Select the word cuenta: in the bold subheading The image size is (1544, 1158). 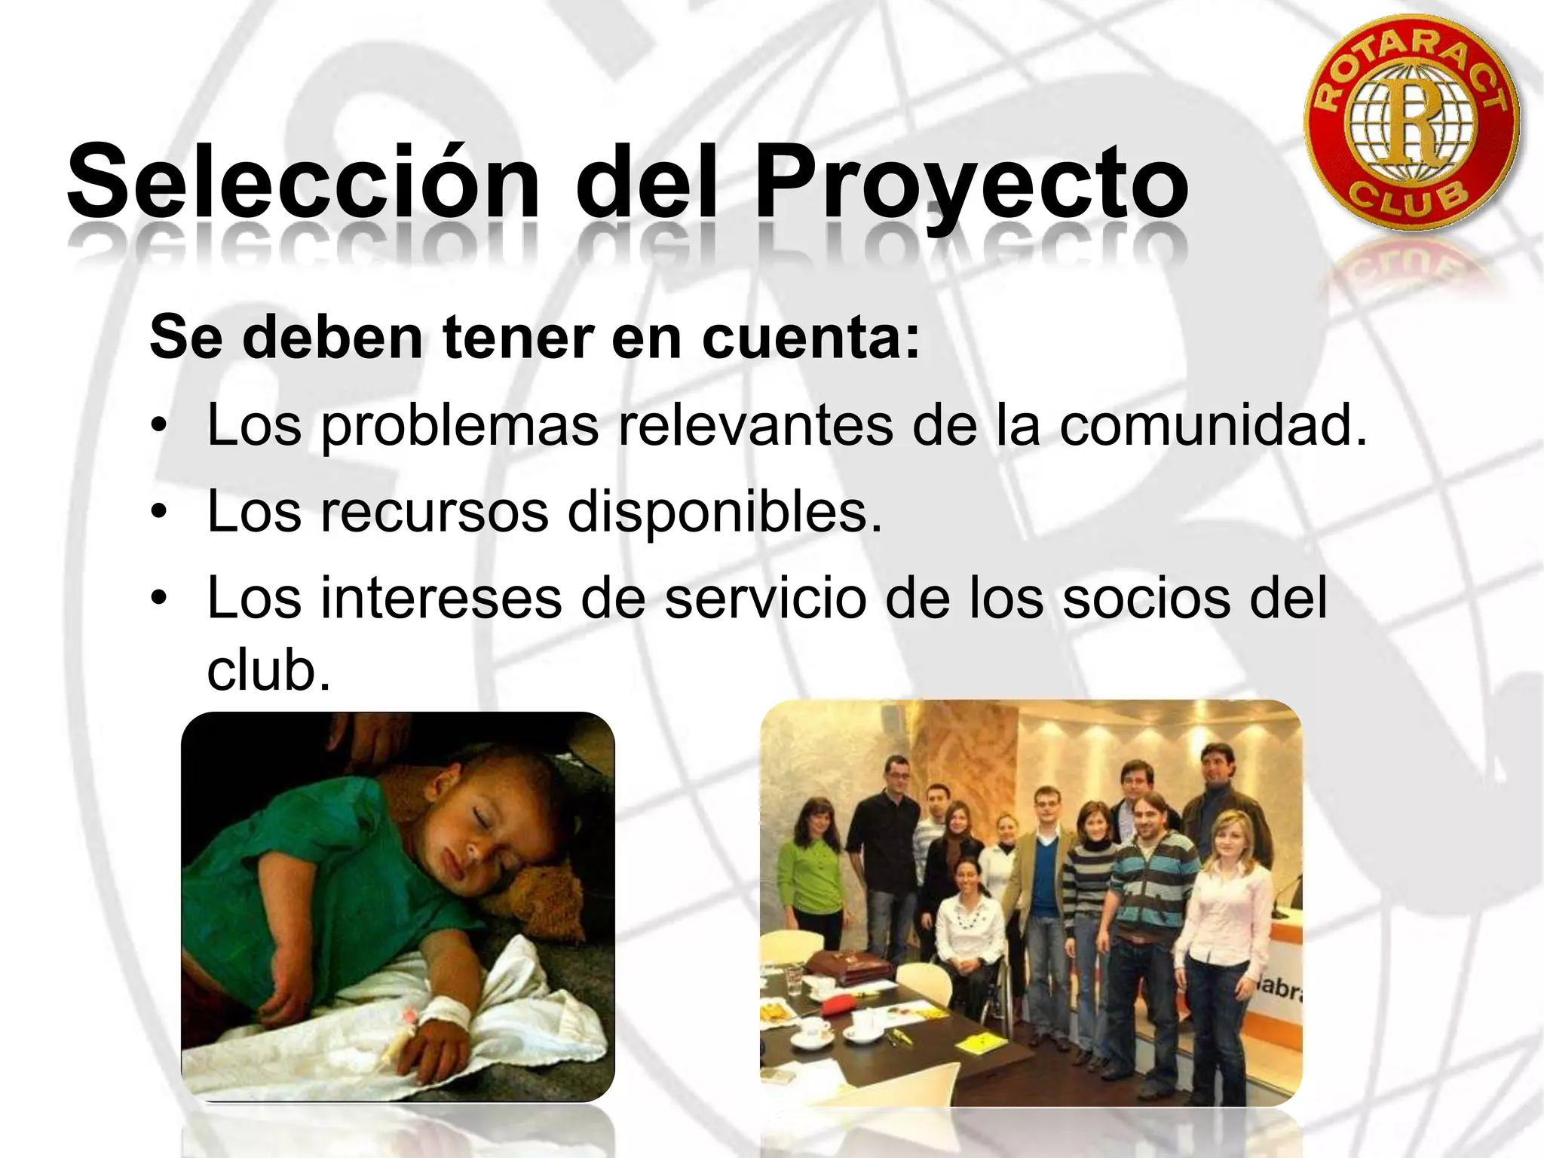tap(811, 337)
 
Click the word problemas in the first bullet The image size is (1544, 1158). tap(460, 426)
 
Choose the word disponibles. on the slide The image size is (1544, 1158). tap(725, 512)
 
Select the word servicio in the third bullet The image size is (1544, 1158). tap(765, 598)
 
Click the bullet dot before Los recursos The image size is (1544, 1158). tap(158, 512)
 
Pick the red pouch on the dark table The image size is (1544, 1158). tap(844, 1005)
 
